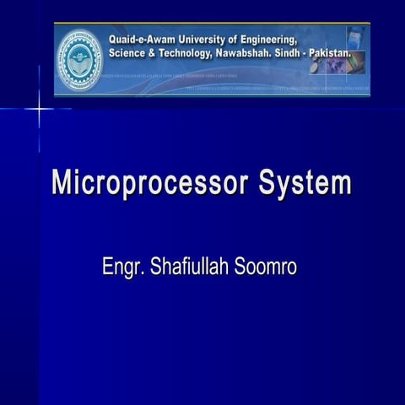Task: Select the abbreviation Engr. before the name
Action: [121, 267]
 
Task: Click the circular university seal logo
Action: [79, 60]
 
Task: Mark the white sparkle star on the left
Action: [39, 109]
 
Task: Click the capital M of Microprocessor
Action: [62, 183]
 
